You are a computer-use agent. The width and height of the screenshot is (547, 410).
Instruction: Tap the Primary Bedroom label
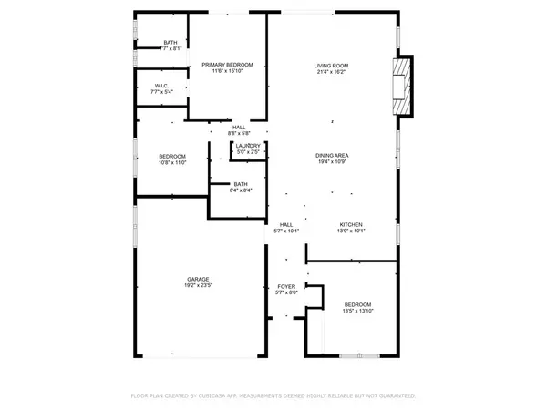pyautogui.click(x=227, y=64)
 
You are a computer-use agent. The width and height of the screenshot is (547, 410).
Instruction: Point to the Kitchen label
pyautogui.click(x=352, y=224)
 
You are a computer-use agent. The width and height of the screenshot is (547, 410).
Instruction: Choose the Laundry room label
pyautogui.click(x=248, y=146)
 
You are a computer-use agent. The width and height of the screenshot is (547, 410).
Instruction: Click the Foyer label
pyautogui.click(x=285, y=285)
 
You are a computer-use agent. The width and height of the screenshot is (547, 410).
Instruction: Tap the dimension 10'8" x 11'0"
pyautogui.click(x=172, y=163)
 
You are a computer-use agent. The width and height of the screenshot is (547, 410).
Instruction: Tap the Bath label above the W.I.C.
pyautogui.click(x=170, y=43)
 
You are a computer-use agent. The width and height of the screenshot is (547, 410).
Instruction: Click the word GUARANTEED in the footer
pyautogui.click(x=397, y=396)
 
